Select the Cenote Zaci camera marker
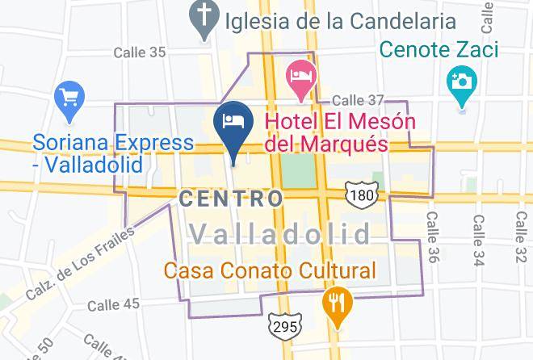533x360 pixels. (462, 82)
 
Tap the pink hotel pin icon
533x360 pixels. (301, 77)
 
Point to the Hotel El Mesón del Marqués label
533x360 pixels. (340, 133)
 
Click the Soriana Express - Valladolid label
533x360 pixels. (113, 153)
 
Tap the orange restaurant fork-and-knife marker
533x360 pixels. (334, 303)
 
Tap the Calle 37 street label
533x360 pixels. (359, 100)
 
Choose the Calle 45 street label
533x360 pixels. (113, 304)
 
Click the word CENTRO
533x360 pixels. (231, 199)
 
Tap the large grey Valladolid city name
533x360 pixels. (280, 235)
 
